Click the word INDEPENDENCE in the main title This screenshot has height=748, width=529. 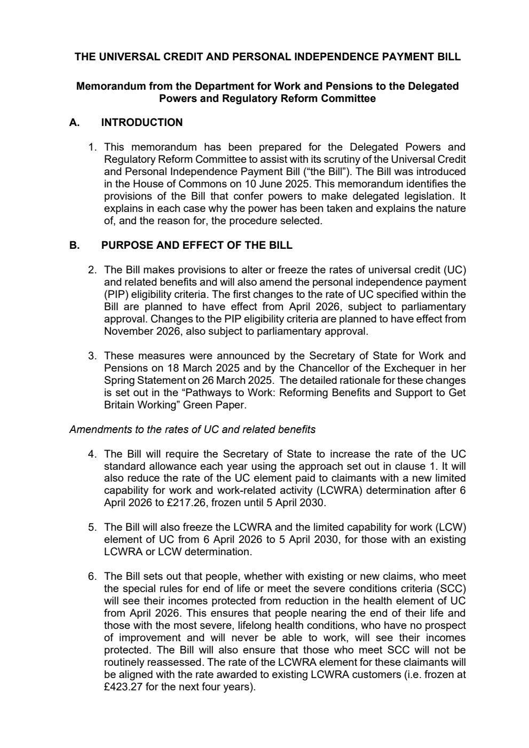click(x=313, y=57)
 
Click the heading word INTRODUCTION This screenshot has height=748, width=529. click(x=141, y=122)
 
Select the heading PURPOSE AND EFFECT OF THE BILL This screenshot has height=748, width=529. click(x=196, y=246)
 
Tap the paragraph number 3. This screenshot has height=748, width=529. click(x=92, y=356)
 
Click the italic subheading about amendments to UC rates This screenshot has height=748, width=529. click(x=192, y=429)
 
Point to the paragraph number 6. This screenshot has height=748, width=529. click(x=92, y=576)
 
